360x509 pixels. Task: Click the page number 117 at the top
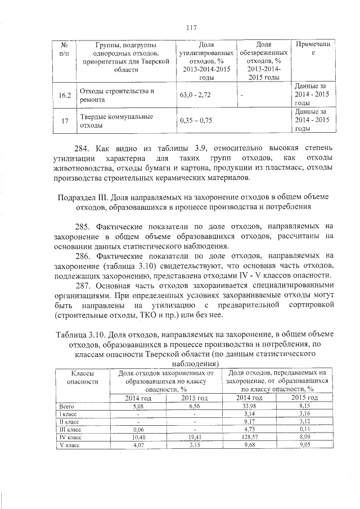point(190,26)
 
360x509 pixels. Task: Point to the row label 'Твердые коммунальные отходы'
point(116,121)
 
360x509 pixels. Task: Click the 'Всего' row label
point(67,405)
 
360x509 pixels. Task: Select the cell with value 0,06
point(137,429)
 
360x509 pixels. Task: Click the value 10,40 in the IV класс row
point(137,436)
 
